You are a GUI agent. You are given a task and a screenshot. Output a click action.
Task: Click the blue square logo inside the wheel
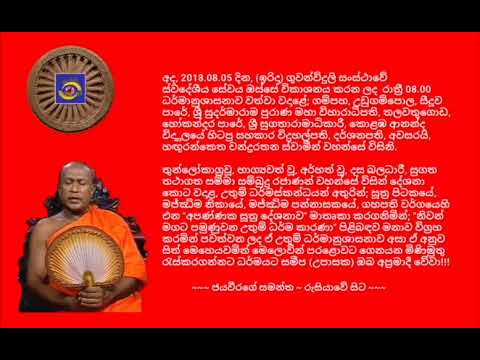click(x=70, y=93)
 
